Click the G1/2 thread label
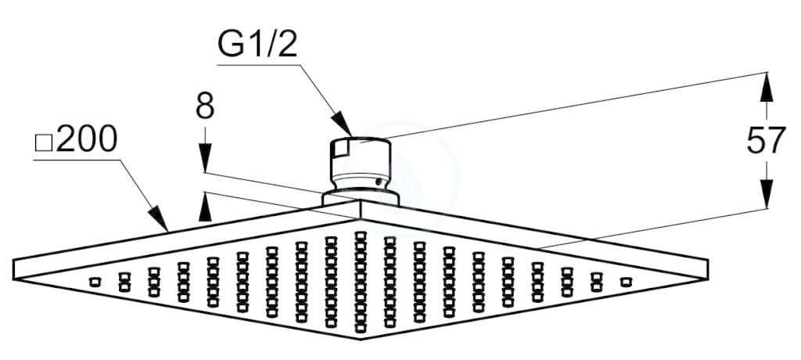point(257,46)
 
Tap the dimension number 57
point(765,141)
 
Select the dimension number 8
point(204,107)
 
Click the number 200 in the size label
point(87,140)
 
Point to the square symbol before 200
point(44,144)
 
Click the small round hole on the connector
point(379,182)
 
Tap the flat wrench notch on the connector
point(340,148)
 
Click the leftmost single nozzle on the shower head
point(95,281)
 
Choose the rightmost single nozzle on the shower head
point(624,281)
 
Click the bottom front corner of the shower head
point(360,338)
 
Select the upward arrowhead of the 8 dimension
point(204,206)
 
